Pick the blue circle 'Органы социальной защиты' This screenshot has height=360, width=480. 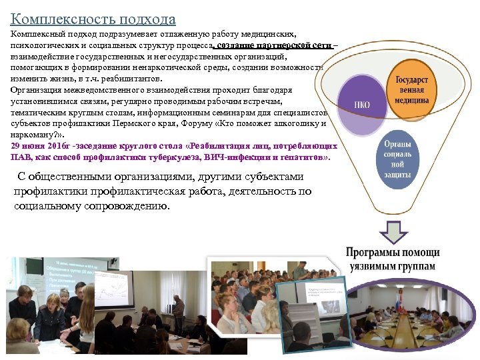(x=398, y=159)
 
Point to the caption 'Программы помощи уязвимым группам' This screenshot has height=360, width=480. (x=393, y=259)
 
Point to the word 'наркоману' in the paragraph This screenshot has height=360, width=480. (x=31, y=135)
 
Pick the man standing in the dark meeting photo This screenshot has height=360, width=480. (x=178, y=312)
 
